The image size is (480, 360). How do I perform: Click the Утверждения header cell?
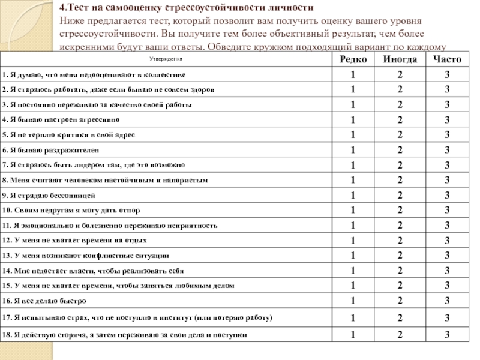tap(166, 59)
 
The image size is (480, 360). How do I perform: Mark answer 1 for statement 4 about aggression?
tap(353, 119)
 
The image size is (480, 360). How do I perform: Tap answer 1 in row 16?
tap(353, 300)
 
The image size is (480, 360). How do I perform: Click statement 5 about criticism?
tap(70, 135)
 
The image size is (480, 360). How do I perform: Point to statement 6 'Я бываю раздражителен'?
tap(51, 150)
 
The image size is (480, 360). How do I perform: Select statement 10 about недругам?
tap(71, 211)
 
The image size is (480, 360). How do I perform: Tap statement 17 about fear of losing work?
tap(137, 317)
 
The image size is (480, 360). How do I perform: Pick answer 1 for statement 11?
tap(353, 226)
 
